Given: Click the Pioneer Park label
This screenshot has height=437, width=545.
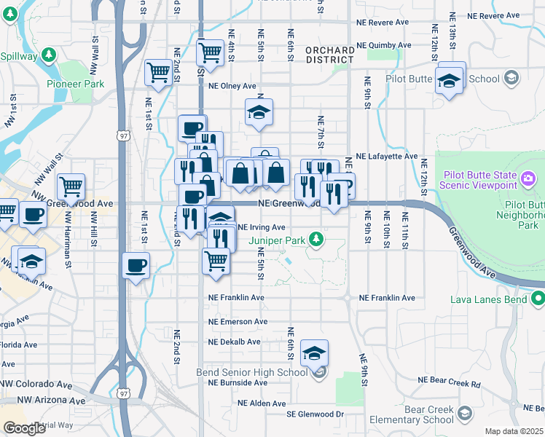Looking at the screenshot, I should pyautogui.click(x=76, y=84).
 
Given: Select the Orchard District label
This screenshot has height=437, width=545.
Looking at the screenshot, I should pyautogui.click(x=330, y=55).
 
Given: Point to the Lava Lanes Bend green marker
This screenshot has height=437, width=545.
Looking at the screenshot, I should pyautogui.click(x=538, y=298).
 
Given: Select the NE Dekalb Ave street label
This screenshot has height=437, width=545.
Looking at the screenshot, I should pyautogui.click(x=233, y=342).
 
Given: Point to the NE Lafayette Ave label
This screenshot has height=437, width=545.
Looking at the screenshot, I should pyautogui.click(x=386, y=157).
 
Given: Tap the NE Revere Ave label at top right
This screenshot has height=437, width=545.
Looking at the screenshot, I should pyautogui.click(x=493, y=15).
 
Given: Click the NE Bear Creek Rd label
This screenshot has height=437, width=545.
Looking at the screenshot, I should pyautogui.click(x=450, y=381).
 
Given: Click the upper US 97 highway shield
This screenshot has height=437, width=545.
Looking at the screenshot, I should pyautogui.click(x=122, y=136).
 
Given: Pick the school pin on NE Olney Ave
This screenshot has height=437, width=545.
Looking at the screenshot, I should pyautogui.click(x=258, y=113).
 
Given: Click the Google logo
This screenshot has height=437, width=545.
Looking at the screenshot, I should pyautogui.click(x=24, y=428).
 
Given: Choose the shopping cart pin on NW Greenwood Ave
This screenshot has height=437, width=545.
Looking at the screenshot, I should pyautogui.click(x=71, y=187).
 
